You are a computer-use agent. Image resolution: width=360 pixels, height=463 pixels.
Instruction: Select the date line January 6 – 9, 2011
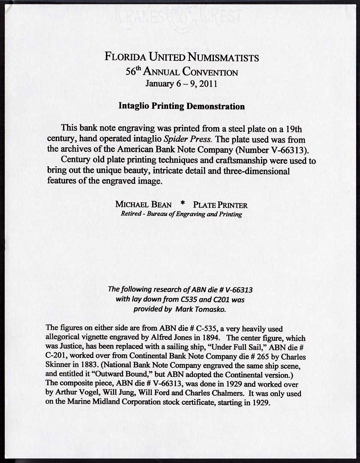click(x=181, y=83)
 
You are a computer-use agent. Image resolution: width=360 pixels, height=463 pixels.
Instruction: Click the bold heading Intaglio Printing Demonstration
click(x=181, y=106)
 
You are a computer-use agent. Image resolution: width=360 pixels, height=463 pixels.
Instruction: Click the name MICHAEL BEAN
click(x=143, y=205)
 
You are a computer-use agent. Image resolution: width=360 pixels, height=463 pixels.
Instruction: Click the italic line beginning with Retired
click(x=181, y=214)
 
